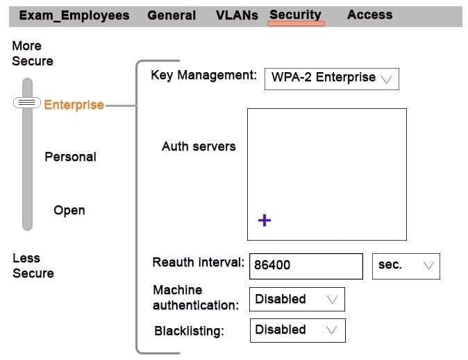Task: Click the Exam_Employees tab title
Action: point(74,15)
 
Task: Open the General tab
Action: point(172,15)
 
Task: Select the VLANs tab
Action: point(237,15)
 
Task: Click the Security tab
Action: point(296,15)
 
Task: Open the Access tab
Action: point(369,15)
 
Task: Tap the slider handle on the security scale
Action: point(27,103)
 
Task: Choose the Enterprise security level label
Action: point(74,105)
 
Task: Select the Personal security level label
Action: point(70,157)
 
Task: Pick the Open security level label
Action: point(69,210)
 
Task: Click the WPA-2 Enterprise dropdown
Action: point(331,78)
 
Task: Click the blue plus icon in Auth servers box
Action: point(265,221)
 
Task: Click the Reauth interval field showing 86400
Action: point(305,265)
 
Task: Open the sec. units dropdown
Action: point(406,266)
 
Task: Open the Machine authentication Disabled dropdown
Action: point(296,300)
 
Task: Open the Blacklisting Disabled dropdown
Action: point(296,330)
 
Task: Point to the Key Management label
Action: point(203,75)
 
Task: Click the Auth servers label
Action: point(199,146)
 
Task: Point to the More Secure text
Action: point(32,53)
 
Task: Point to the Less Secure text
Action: point(33,266)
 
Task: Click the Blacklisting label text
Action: point(189,331)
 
